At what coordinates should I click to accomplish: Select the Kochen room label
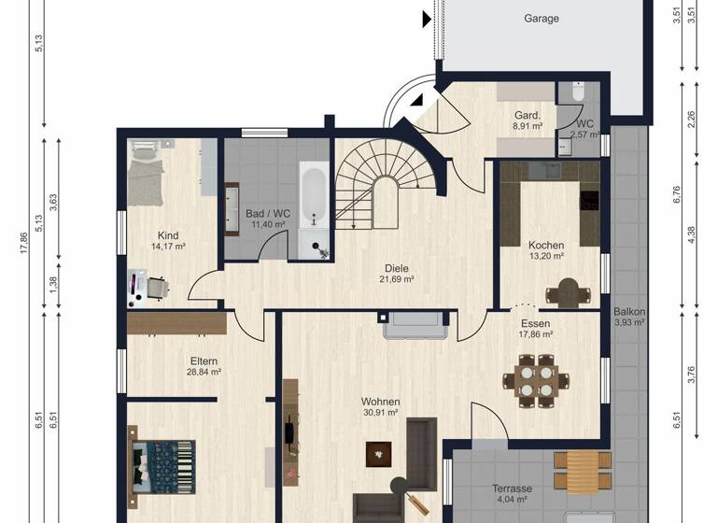546,245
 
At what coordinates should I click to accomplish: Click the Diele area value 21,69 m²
394,279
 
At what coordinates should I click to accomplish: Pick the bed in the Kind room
145,174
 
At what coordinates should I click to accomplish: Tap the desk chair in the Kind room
157,288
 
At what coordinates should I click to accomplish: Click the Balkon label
629,312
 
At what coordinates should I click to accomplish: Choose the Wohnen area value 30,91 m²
380,412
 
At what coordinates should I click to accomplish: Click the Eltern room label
203,360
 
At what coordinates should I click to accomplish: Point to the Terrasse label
512,488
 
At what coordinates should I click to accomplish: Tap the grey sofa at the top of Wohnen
415,324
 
